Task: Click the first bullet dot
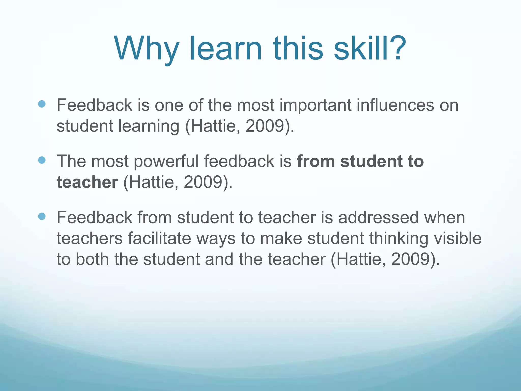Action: [x=42, y=104]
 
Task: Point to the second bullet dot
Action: [x=42, y=160]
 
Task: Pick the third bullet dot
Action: [x=42, y=216]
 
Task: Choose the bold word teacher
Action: [x=87, y=182]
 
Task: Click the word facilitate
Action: [x=159, y=239]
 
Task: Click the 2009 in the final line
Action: [x=410, y=259]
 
